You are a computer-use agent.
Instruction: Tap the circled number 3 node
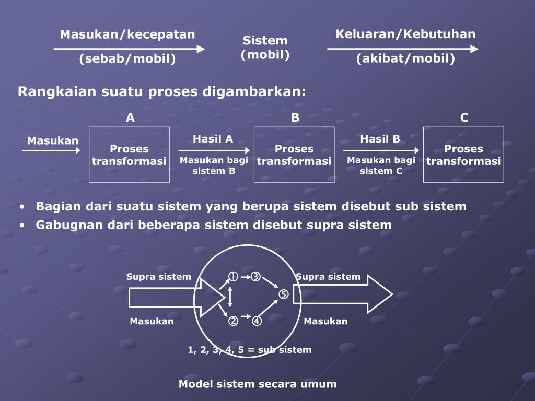click(255, 277)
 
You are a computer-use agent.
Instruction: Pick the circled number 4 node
click(257, 321)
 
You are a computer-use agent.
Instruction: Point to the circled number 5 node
click(283, 294)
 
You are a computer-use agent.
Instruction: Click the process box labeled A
click(129, 155)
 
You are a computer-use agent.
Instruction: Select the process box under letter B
click(294, 155)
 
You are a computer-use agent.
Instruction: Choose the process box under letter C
click(463, 155)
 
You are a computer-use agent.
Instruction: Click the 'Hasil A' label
click(213, 139)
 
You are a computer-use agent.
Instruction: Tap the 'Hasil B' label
click(380, 139)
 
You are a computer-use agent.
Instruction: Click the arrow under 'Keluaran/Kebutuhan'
click(402, 49)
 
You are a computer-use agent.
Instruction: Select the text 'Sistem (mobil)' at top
click(265, 48)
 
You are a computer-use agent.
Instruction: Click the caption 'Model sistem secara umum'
click(258, 384)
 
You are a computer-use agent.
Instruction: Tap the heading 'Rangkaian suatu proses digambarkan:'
click(161, 92)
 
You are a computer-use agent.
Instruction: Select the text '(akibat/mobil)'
click(405, 58)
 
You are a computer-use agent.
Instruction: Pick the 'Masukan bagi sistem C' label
click(381, 166)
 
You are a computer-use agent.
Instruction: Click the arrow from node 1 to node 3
click(245, 277)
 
